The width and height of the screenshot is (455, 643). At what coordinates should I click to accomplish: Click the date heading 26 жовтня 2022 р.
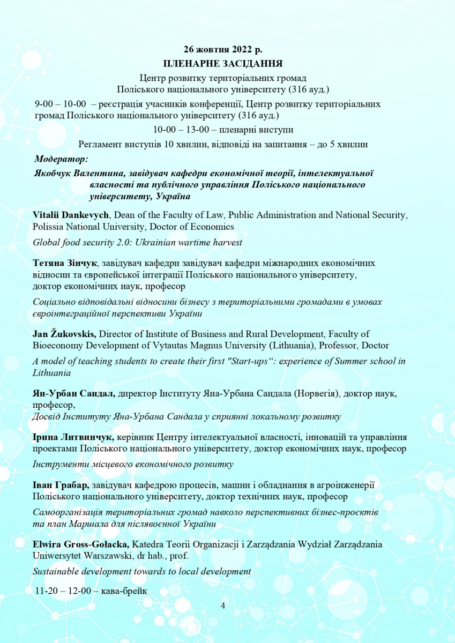click(x=223, y=50)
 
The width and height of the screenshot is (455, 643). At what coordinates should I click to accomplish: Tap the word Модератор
click(x=61, y=159)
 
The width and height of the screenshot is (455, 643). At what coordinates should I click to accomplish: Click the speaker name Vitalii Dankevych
click(x=71, y=215)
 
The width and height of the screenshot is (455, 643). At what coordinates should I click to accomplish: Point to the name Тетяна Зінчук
click(x=65, y=263)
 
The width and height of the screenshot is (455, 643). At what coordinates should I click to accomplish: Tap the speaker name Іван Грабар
click(x=61, y=485)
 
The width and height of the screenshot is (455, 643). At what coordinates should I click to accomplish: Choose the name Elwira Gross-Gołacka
click(x=81, y=545)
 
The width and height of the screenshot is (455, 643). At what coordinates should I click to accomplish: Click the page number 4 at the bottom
click(x=223, y=605)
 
